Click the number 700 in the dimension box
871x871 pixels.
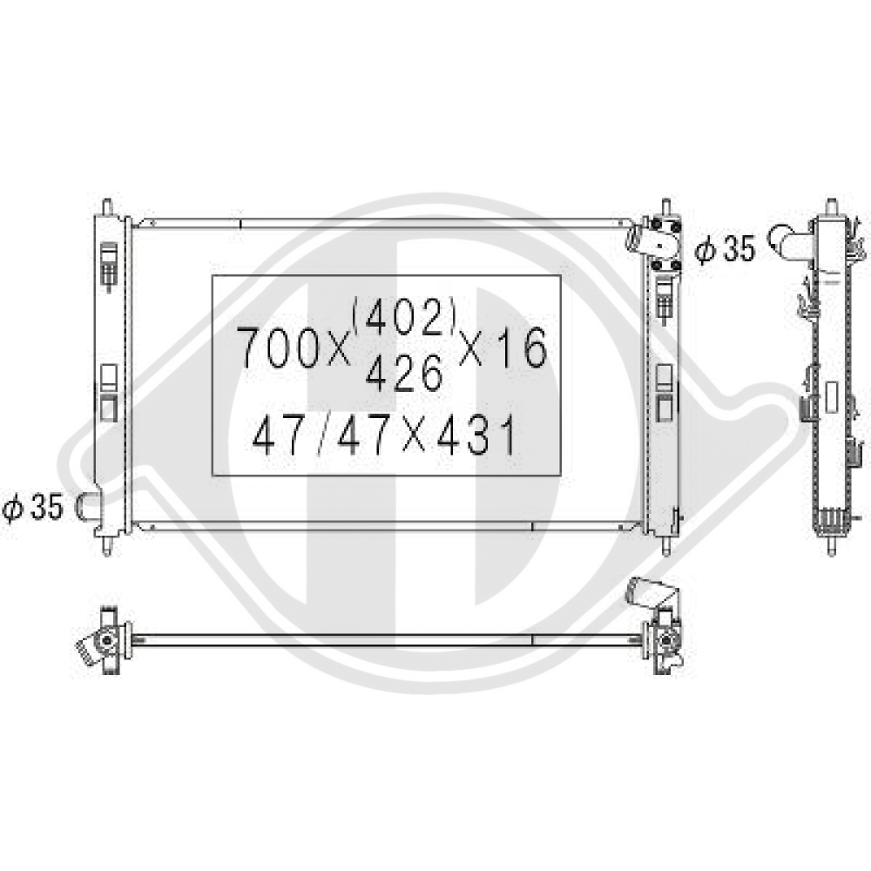pos(276,348)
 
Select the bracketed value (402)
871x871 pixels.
pos(404,318)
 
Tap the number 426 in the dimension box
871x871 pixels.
pos(404,373)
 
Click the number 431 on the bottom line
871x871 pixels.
pos(476,436)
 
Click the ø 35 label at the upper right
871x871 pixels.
pos(725,248)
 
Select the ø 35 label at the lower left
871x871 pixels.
pos(32,507)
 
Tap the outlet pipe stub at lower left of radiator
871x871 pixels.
pos(88,507)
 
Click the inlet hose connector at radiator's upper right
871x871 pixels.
pos(642,238)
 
